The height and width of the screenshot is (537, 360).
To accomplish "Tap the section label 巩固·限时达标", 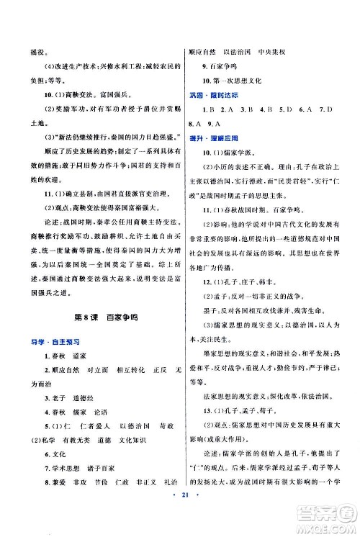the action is (x=207, y=95).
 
